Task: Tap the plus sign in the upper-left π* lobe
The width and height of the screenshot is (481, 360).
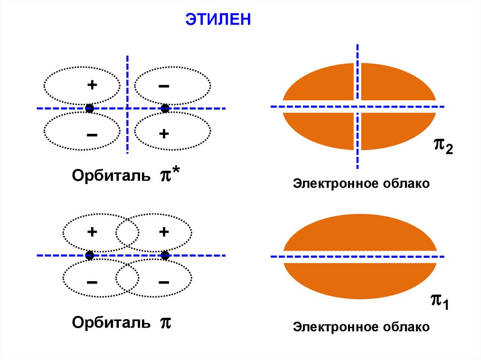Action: tap(92, 85)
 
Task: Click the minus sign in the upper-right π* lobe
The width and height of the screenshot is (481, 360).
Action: tap(164, 86)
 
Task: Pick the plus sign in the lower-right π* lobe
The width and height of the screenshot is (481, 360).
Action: tap(164, 134)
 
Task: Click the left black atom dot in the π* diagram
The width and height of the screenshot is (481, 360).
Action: tap(90, 108)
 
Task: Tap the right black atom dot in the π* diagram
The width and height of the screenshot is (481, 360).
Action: tap(165, 108)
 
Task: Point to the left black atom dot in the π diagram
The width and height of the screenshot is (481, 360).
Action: tap(90, 255)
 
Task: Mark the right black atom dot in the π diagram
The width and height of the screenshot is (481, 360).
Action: tap(165, 255)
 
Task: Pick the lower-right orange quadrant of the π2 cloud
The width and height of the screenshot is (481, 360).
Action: tap(395, 129)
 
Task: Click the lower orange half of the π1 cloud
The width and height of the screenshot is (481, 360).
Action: tap(359, 280)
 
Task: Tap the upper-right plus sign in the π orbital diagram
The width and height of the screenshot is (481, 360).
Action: tap(164, 232)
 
